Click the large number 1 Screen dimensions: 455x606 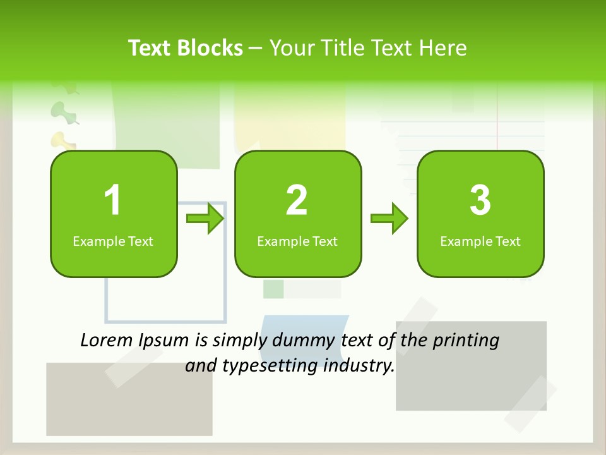pos(112,200)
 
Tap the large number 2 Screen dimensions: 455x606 pos(297,200)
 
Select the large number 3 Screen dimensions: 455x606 pos(480,200)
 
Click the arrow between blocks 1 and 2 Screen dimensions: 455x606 pos(205,219)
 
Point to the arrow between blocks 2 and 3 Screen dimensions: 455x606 pos(389,219)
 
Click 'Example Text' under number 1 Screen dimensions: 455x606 pos(113,241)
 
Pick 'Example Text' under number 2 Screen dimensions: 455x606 pos(297,241)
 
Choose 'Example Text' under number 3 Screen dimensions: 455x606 pos(480,241)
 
